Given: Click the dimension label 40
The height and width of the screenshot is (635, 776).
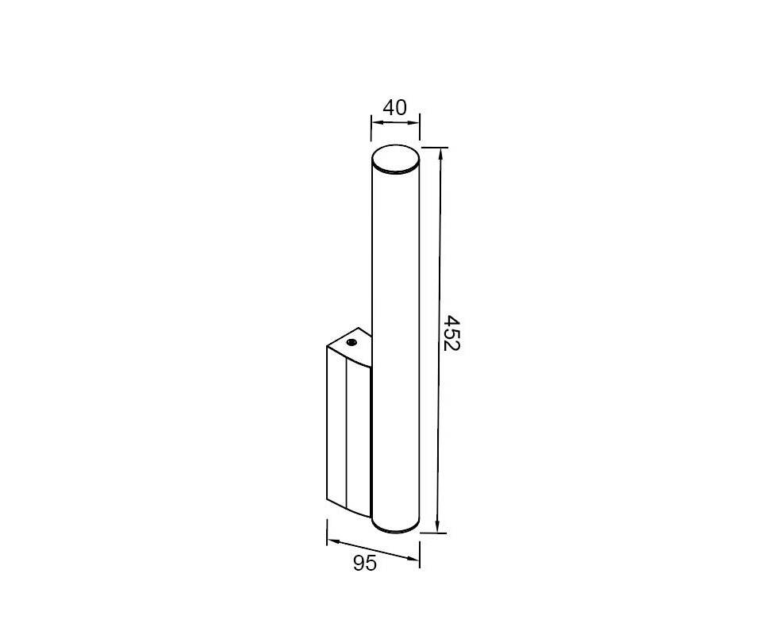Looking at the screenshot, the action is [x=395, y=107].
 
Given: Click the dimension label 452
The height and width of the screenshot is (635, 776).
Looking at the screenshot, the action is [x=451, y=333].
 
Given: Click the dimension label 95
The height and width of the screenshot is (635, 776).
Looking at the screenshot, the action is [x=365, y=564].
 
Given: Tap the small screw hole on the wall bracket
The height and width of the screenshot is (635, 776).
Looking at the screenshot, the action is [x=352, y=342].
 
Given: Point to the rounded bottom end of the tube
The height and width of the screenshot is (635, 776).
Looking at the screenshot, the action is [x=396, y=528].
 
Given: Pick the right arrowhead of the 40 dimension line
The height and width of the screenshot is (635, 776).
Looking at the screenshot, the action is [x=413, y=122].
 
